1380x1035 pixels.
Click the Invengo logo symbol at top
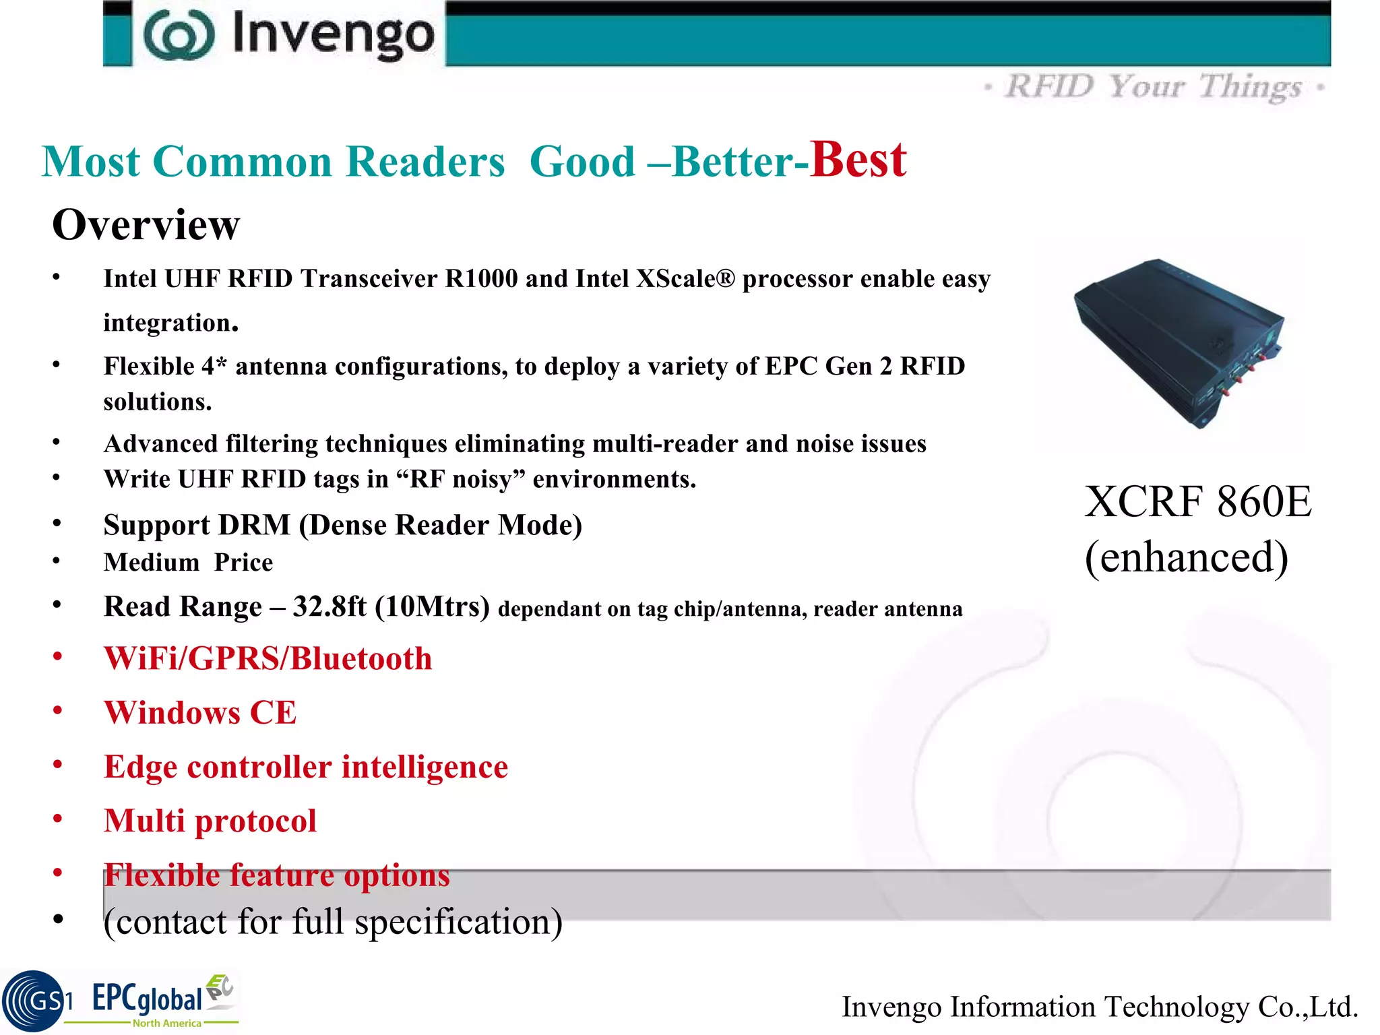[179, 35]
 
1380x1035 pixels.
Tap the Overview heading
[146, 224]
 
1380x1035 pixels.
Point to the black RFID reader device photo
[1179, 342]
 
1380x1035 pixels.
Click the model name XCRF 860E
[1198, 502]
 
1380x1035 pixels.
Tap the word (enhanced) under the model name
[1186, 557]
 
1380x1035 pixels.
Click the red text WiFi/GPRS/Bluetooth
[268, 658]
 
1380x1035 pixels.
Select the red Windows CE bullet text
[199, 713]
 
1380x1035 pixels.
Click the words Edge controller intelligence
[305, 767]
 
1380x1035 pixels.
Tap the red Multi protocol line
[210, 821]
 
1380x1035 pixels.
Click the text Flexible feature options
[276, 875]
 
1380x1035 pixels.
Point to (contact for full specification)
[333, 922]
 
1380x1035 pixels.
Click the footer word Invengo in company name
[891, 1007]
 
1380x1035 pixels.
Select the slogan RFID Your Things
[1154, 87]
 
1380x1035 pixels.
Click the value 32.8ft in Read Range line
[330, 606]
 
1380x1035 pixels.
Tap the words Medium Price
[188, 563]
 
